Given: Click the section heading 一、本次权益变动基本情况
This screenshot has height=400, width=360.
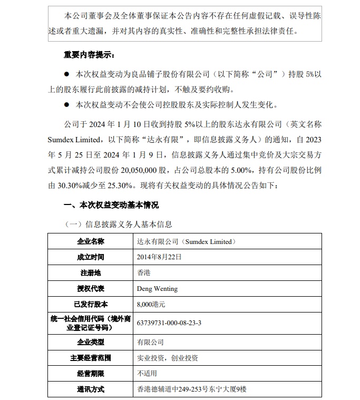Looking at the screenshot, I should [111, 205].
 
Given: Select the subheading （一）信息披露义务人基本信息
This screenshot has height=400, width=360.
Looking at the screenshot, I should [118, 225].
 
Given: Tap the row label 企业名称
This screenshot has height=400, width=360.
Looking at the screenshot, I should [91, 241].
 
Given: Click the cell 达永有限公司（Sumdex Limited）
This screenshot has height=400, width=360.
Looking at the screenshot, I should [184, 241].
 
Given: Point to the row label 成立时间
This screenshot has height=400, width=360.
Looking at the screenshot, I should [91, 257].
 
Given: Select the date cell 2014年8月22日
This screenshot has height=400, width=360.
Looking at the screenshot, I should [159, 257].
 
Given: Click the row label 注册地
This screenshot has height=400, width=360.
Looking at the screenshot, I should [91, 273].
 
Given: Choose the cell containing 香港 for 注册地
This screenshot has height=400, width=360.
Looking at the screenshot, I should [143, 273].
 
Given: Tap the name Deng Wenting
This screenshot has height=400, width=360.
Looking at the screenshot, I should [157, 289].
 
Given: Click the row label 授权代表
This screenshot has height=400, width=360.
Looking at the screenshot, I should [91, 289].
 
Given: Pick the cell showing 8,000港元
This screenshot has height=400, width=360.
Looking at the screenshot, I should [151, 305].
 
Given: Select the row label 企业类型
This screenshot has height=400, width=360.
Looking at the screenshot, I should [91, 342].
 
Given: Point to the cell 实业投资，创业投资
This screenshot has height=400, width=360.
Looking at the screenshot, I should [168, 358].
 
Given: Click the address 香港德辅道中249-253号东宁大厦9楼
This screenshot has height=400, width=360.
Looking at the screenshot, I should [191, 389].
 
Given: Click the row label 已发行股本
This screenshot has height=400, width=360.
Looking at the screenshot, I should [91, 305].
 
